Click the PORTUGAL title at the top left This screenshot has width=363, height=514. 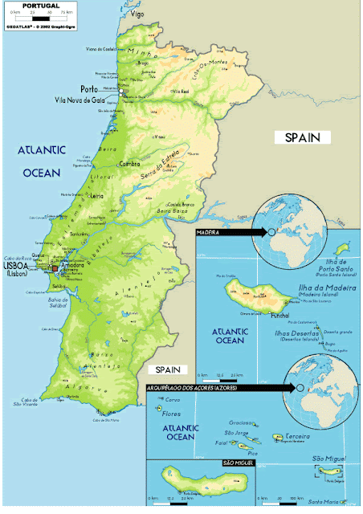coord(35,6)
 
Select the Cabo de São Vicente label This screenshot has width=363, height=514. coord(31,402)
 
